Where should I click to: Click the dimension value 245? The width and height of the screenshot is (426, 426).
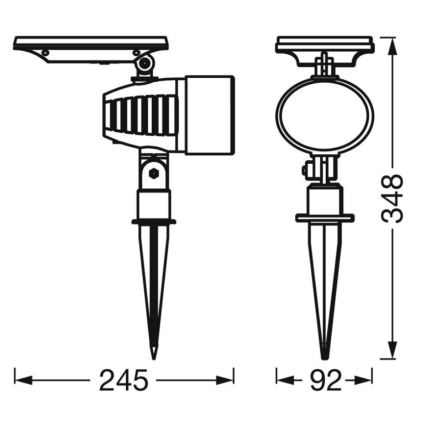124,380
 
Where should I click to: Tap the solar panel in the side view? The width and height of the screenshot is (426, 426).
90,46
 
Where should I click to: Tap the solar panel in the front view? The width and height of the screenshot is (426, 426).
325,45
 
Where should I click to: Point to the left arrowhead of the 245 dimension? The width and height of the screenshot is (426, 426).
20,380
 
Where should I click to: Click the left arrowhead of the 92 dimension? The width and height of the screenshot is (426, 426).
281,380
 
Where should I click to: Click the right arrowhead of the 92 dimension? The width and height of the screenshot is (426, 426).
367,380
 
